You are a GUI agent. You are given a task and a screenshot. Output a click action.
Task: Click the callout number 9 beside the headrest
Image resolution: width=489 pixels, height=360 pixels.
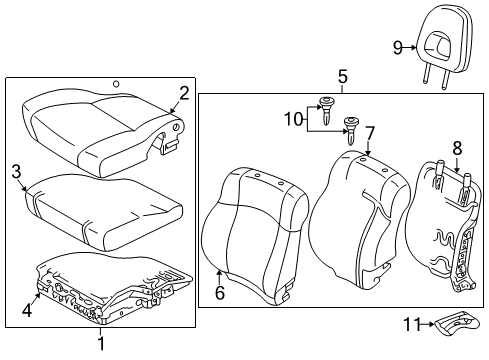(x=398, y=48)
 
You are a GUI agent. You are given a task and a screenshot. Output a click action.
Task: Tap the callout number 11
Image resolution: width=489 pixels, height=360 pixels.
(x=413, y=324)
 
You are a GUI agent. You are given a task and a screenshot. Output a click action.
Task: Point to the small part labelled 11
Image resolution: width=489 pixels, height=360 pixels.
(x=457, y=322)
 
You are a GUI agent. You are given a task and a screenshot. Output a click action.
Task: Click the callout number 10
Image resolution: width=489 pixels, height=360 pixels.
(x=293, y=119)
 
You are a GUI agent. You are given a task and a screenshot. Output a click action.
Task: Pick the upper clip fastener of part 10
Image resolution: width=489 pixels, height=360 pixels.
(x=325, y=110)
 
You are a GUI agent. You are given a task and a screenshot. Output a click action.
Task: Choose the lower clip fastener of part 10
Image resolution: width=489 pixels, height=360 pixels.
(x=351, y=130)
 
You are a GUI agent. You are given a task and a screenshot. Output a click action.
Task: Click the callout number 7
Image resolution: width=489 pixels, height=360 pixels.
(x=370, y=133)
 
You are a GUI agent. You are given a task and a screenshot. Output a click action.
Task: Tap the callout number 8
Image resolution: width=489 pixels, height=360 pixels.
(x=457, y=148)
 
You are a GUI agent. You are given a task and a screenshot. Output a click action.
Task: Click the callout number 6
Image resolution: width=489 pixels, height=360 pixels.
(x=220, y=293)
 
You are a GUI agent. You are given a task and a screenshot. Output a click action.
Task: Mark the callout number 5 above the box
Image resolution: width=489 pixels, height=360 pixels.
(x=343, y=76)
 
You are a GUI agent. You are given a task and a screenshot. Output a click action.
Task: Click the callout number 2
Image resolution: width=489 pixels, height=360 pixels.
(x=184, y=93)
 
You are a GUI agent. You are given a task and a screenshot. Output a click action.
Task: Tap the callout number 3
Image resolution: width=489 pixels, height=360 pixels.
(x=16, y=172)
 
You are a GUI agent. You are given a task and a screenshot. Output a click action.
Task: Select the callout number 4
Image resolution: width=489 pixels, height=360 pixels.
(x=27, y=310)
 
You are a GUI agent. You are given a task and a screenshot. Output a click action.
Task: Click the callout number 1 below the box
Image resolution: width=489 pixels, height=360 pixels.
(x=101, y=344)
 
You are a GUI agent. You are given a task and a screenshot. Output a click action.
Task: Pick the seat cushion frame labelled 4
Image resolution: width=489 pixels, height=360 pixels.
(x=113, y=288)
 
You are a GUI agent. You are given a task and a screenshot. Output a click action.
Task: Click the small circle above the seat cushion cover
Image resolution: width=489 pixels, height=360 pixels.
(x=116, y=84)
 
